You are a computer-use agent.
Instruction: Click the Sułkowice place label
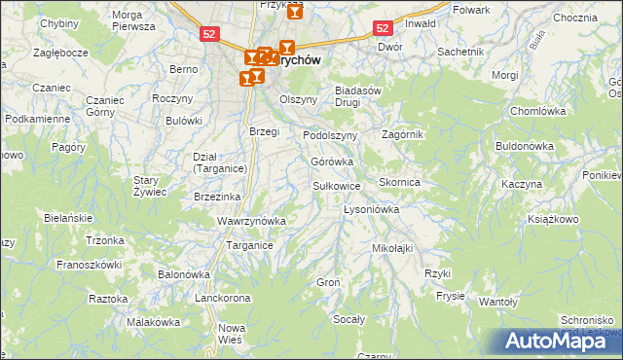[337, 185]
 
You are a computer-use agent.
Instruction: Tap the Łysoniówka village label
[372, 209]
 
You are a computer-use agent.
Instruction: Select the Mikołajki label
[392, 248]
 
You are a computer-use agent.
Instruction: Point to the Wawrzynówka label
[251, 221]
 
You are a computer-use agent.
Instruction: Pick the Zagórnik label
[403, 134]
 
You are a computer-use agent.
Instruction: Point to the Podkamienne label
[37, 119]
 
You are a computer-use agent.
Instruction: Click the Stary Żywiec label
[151, 186]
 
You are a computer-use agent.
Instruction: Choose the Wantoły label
[497, 302]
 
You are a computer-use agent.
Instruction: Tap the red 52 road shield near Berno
[209, 33]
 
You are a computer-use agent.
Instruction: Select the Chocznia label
[574, 18]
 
